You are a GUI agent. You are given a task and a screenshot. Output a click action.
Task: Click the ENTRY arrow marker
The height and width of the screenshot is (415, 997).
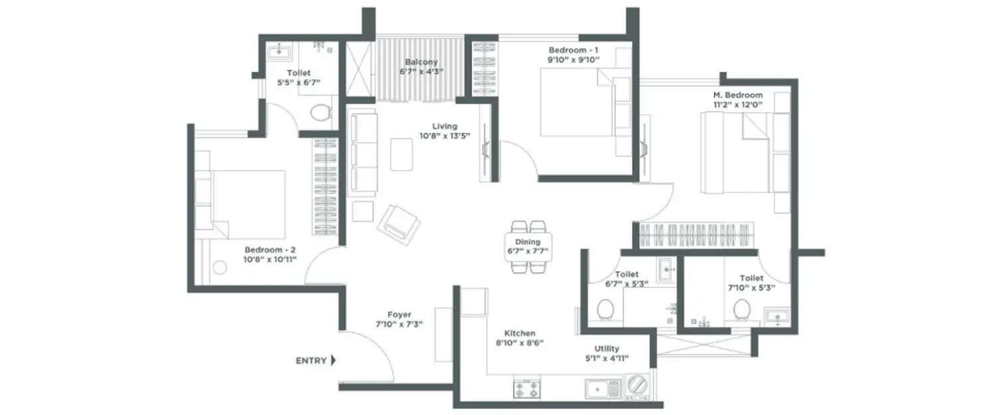[x=333, y=361]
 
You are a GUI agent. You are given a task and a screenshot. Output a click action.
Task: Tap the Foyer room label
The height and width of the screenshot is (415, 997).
[x=399, y=315]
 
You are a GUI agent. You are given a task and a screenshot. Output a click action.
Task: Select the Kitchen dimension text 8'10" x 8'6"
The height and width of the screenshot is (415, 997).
[x=520, y=343]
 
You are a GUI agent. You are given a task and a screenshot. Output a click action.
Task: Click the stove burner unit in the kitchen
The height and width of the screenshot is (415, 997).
[x=526, y=387]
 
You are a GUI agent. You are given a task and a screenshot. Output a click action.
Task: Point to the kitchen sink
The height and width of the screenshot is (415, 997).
[x=602, y=388]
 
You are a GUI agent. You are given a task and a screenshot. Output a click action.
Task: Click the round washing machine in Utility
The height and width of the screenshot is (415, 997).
[x=637, y=386]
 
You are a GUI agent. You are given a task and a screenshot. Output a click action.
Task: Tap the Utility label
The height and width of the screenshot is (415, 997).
[x=608, y=349]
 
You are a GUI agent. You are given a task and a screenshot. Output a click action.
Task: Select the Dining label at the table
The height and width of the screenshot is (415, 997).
[x=528, y=242]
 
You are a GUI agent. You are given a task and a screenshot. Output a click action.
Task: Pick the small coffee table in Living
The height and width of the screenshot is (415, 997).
[x=401, y=154]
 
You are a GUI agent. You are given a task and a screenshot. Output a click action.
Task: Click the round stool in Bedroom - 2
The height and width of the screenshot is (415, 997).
[x=219, y=268]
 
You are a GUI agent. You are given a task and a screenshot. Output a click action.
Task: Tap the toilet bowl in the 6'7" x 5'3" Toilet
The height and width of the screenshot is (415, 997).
[x=605, y=309]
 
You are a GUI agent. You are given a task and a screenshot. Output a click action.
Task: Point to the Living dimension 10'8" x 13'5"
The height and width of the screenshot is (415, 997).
[x=445, y=136]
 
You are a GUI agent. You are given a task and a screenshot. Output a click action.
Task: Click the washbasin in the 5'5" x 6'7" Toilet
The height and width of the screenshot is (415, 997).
[x=277, y=50]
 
